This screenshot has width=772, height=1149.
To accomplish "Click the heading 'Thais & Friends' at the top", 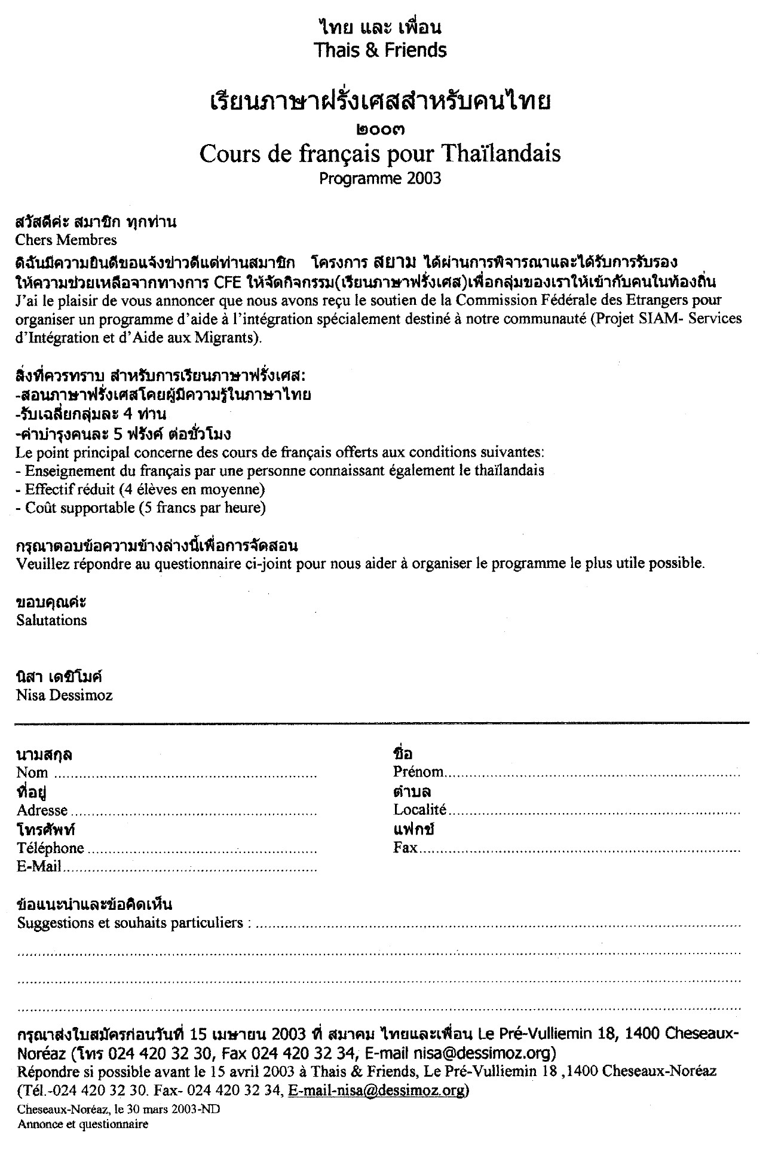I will (380, 50).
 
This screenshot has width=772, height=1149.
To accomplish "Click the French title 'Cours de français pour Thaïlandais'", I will (380, 154).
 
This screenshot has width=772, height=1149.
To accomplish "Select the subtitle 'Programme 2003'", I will (380, 178).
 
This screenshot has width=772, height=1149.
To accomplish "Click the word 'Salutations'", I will (52, 620).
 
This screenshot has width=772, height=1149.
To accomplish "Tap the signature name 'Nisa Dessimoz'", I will (65, 695).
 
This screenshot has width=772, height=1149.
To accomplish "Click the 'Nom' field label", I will (32, 772).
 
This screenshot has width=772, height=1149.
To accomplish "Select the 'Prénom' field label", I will (418, 772).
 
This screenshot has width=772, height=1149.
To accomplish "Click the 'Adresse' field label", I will (42, 811).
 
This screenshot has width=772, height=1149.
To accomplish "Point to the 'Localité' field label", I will (419, 810).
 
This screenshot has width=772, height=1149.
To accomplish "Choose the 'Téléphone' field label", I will (51, 848).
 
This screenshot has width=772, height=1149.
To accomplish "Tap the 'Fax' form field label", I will (405, 848).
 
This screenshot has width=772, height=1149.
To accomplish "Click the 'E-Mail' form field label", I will (39, 866).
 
